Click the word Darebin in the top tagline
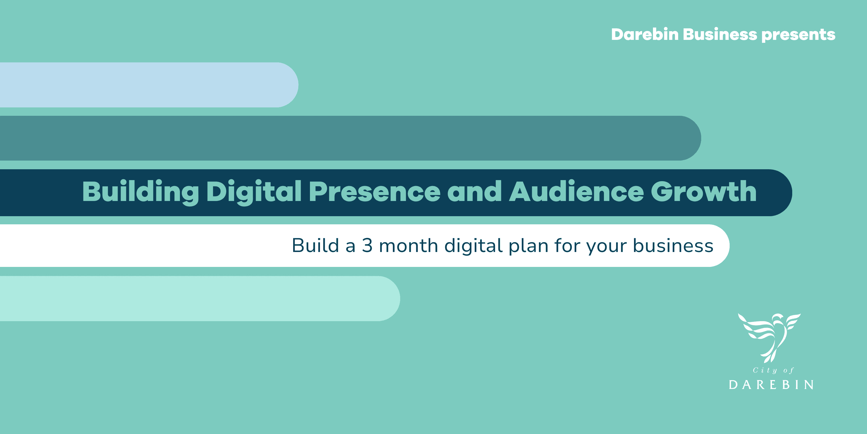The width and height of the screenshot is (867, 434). [x=645, y=34]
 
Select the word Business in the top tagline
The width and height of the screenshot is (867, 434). [x=720, y=34]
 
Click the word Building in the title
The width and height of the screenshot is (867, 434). [x=140, y=192]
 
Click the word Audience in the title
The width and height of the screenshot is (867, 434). [x=576, y=192]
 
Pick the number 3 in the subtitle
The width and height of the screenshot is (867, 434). [x=367, y=245]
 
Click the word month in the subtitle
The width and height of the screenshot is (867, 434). [x=408, y=245]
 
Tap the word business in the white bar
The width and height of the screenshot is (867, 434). [x=673, y=245]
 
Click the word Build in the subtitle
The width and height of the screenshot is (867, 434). [x=315, y=245]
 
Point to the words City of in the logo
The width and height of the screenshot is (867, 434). [x=773, y=370]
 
